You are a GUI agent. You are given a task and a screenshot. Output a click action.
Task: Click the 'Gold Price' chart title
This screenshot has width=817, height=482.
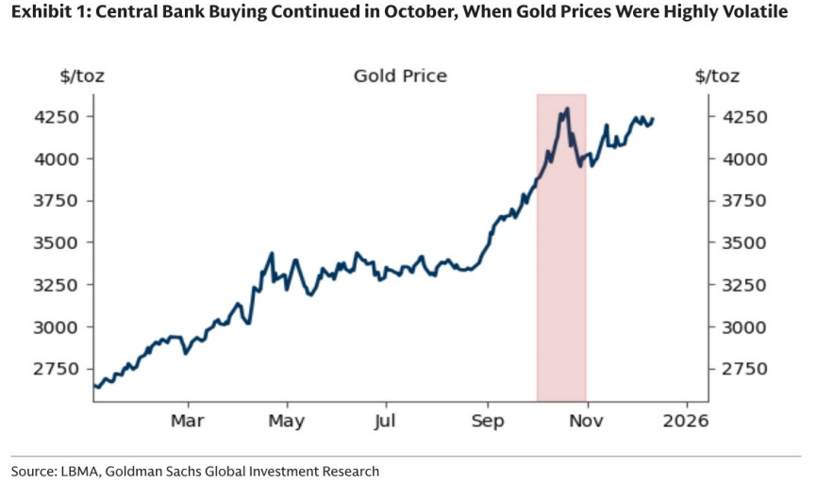tap(400, 76)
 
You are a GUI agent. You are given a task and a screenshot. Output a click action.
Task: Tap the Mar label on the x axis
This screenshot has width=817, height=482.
tap(187, 420)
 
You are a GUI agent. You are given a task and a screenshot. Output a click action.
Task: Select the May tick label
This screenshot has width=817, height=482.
tap(286, 420)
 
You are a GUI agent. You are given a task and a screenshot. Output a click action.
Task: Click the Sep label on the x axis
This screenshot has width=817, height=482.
tap(487, 420)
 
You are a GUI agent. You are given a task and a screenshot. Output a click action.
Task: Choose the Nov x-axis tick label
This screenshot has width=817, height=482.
tap(587, 420)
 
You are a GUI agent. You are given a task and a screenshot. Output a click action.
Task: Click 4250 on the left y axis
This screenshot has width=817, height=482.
tap(59, 117)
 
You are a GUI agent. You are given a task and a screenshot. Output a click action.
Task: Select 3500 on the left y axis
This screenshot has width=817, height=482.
tap(59, 242)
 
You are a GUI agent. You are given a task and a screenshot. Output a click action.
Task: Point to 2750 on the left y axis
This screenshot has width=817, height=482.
tap(59, 369)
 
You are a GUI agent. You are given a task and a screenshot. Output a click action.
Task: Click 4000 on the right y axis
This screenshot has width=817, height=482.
tap(741, 158)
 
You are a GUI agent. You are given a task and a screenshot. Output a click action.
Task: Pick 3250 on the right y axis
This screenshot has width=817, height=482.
tap(741, 285)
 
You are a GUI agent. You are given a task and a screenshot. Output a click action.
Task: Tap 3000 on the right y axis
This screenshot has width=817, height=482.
tap(741, 326)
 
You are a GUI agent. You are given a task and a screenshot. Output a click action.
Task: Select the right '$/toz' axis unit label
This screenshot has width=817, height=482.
tap(717, 76)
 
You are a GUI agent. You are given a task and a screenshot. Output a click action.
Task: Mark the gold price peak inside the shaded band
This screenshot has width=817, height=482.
tap(566, 109)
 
